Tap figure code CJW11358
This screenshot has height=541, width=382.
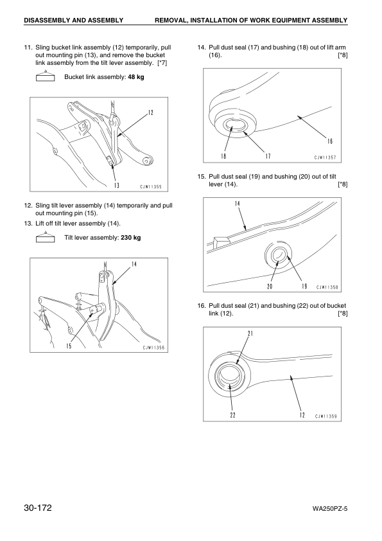pos(326,287)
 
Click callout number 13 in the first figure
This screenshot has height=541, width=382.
pos(117,186)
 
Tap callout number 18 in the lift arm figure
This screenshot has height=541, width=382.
pos(225,155)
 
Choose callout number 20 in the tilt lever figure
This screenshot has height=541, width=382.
pos(270,286)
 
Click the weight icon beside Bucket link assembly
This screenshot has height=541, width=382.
pos(43,77)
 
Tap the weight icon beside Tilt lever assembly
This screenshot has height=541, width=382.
pos(43,238)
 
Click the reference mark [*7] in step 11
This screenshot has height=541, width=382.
pos(162,62)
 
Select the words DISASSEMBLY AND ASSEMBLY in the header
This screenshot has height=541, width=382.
pos(73,21)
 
